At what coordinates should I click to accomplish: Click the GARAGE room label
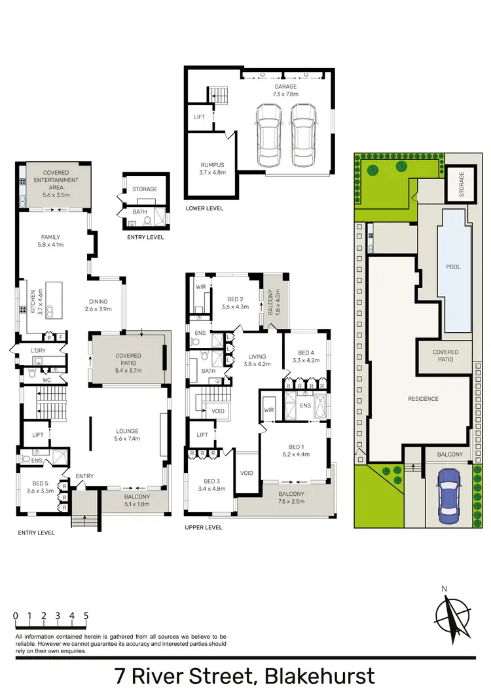pos(285,86)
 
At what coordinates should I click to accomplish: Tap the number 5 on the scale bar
pos(86,616)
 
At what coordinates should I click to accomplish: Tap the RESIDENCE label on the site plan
pos(423,398)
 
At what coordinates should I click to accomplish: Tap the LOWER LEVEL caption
pos(204,208)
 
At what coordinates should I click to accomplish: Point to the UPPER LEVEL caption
pos(204,527)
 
